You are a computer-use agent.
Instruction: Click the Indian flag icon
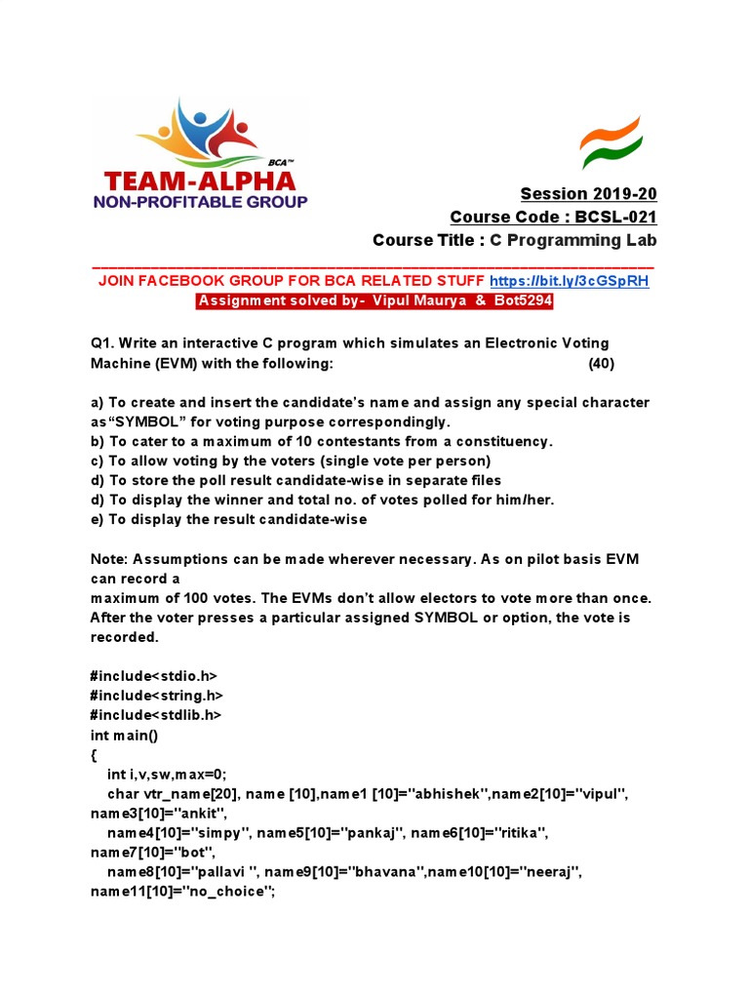[x=611, y=142]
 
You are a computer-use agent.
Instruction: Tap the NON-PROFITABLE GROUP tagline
[x=200, y=202]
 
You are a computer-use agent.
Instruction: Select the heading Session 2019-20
[x=581, y=193]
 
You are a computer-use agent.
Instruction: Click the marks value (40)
[x=602, y=364]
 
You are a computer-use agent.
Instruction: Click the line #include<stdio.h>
[x=154, y=675]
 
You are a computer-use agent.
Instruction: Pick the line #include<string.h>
[x=157, y=695]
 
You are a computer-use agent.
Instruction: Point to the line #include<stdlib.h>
[x=156, y=714]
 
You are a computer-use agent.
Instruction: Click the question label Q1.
[x=103, y=343]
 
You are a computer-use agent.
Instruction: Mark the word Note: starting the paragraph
[x=111, y=558]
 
